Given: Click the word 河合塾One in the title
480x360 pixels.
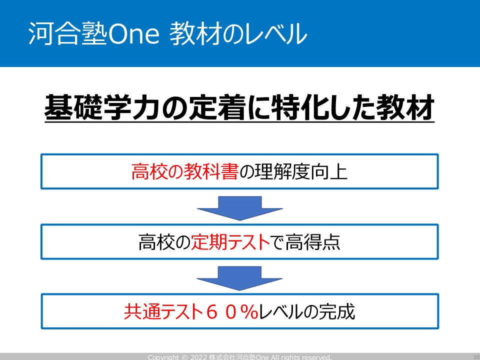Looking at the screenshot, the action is (94, 33).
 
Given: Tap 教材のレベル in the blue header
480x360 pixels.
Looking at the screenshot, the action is (238, 33).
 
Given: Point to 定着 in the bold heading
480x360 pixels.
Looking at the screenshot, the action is (217, 107).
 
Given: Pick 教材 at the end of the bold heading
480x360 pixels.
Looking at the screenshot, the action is (405, 107).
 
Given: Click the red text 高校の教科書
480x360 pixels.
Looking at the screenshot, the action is (185, 171).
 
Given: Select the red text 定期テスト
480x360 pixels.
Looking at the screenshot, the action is (230, 242).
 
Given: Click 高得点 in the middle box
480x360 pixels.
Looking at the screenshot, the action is (312, 242).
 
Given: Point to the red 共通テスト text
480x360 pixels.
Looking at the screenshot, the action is (164, 312).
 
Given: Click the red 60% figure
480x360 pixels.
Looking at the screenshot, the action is (232, 312).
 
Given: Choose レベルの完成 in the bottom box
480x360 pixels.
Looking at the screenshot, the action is (306, 312).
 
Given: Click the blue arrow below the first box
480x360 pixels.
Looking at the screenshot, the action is (239, 208).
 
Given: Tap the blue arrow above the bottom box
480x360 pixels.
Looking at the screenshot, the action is (239, 278).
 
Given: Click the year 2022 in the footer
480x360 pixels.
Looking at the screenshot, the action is (198, 357).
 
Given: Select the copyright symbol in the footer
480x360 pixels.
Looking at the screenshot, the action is (184, 357).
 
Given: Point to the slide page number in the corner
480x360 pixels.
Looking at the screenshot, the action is (476, 357).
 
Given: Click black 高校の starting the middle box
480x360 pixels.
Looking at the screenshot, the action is (164, 242).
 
